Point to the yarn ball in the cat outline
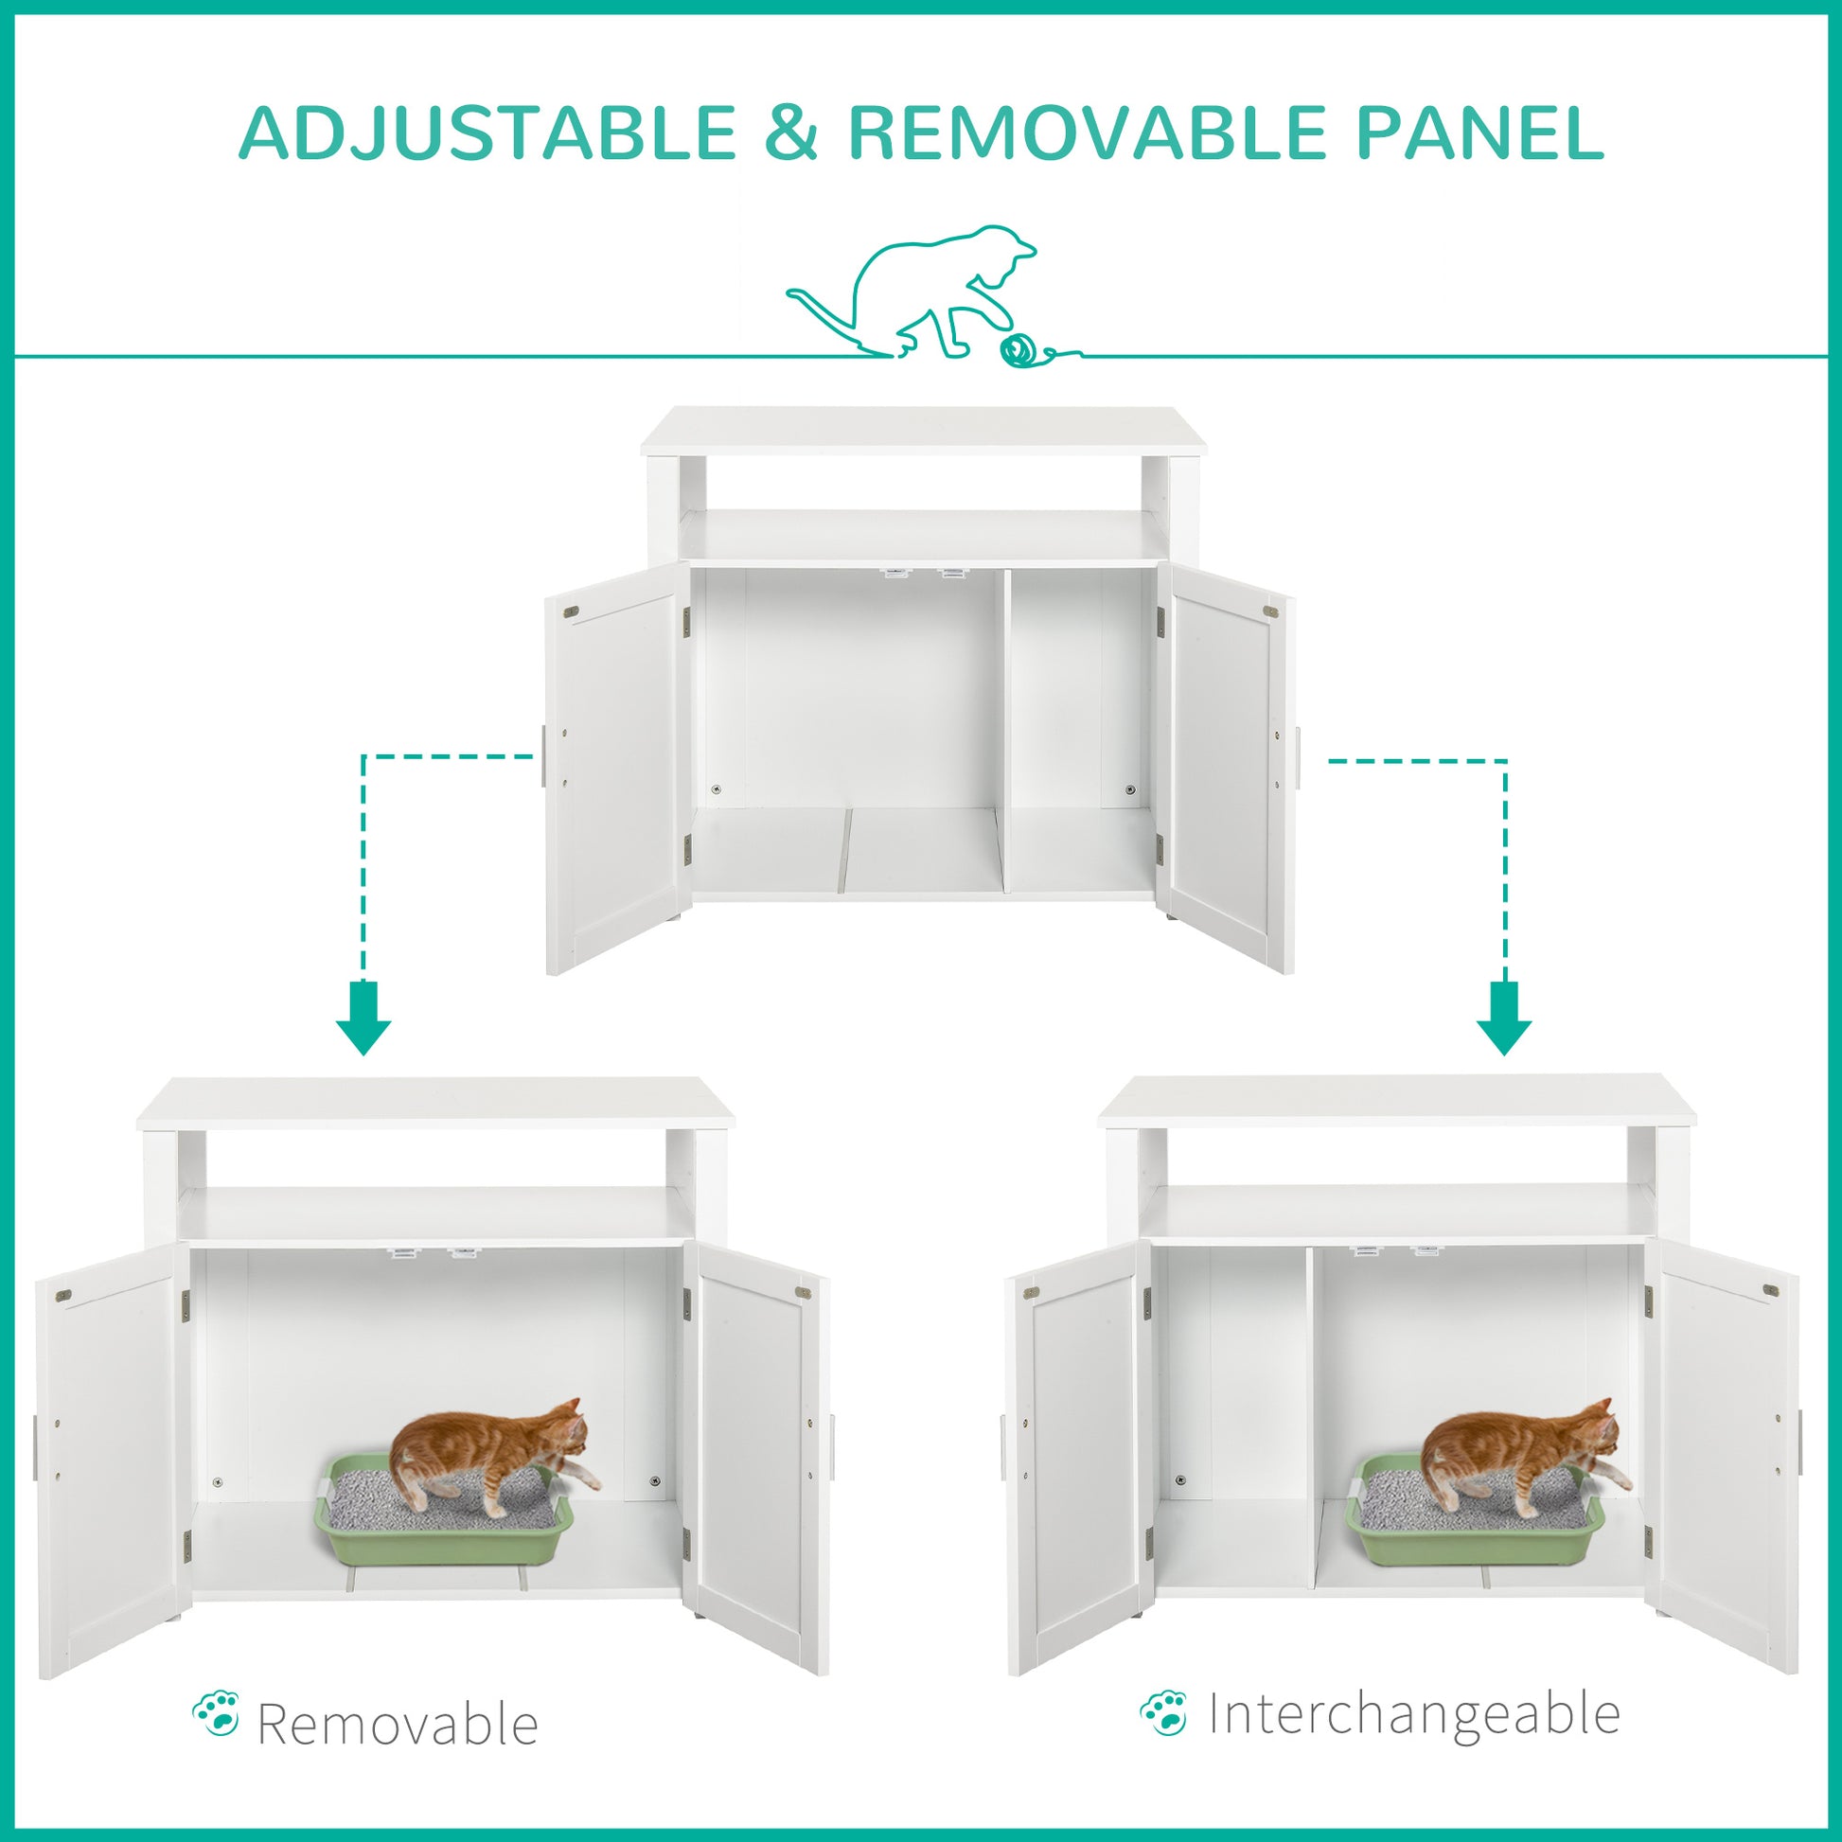[1017, 350]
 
